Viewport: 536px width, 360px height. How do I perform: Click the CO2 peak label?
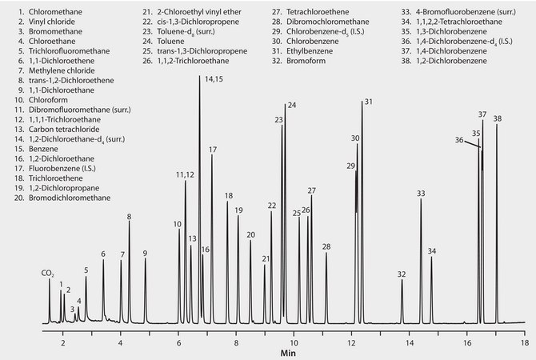click(48, 274)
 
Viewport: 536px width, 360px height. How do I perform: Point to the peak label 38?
click(498, 118)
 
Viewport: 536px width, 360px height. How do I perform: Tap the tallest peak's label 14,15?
click(214, 78)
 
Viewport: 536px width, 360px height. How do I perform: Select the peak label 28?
click(326, 246)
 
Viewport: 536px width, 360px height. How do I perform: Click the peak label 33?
click(421, 194)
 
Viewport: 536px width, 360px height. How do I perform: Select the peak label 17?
click(213, 150)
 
